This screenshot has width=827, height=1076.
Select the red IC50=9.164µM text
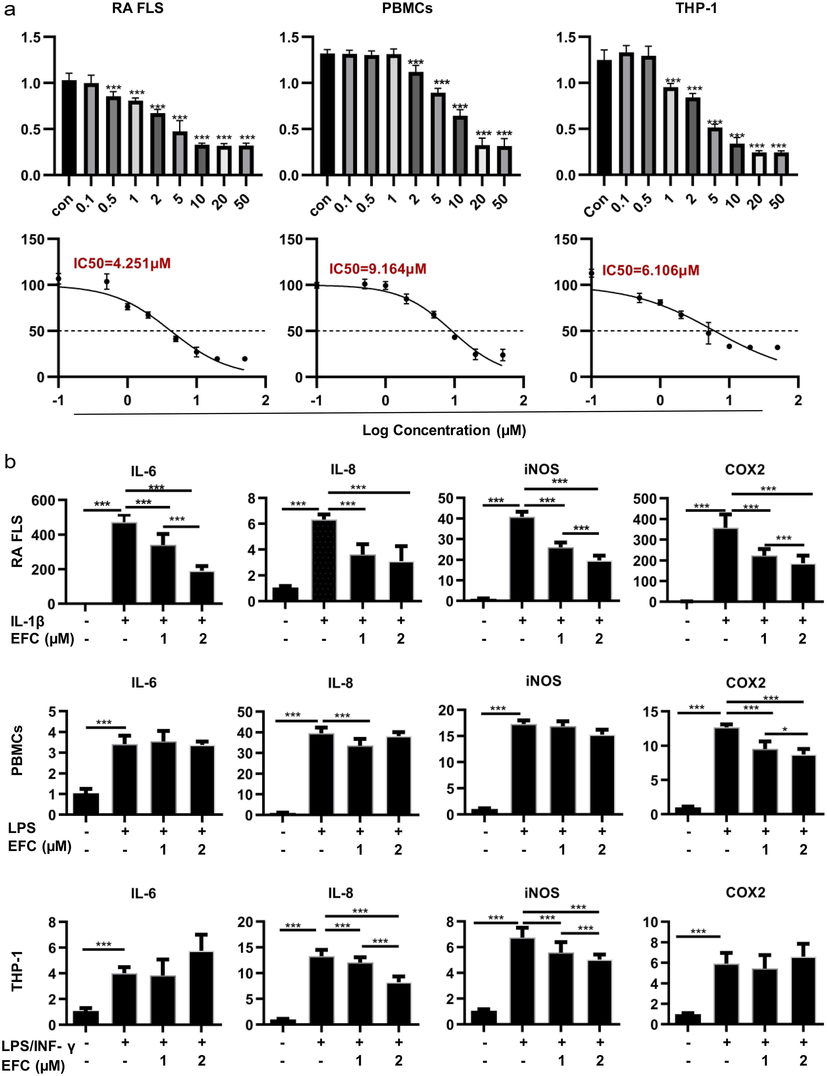(x=378, y=269)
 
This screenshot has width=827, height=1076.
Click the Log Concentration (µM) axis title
(x=444, y=430)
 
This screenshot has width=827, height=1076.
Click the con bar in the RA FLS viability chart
(x=69, y=128)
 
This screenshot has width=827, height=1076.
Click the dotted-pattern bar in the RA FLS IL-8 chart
(x=324, y=560)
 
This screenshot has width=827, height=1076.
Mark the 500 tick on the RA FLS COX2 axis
(x=644, y=499)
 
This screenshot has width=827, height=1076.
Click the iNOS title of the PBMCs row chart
(x=543, y=681)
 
